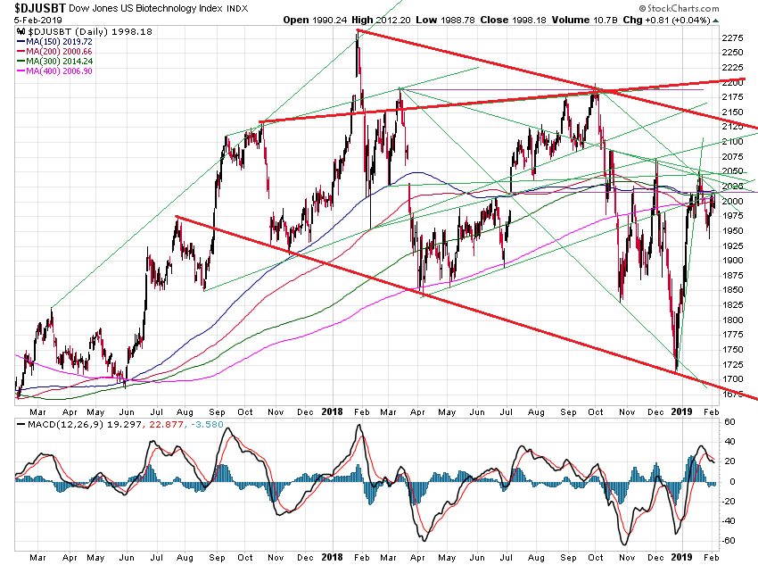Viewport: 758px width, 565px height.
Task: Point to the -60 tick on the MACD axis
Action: pyautogui.click(x=727, y=541)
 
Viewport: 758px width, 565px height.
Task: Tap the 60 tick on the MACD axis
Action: pyautogui.click(x=727, y=422)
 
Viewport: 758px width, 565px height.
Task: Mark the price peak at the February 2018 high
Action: pyautogui.click(x=358, y=31)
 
